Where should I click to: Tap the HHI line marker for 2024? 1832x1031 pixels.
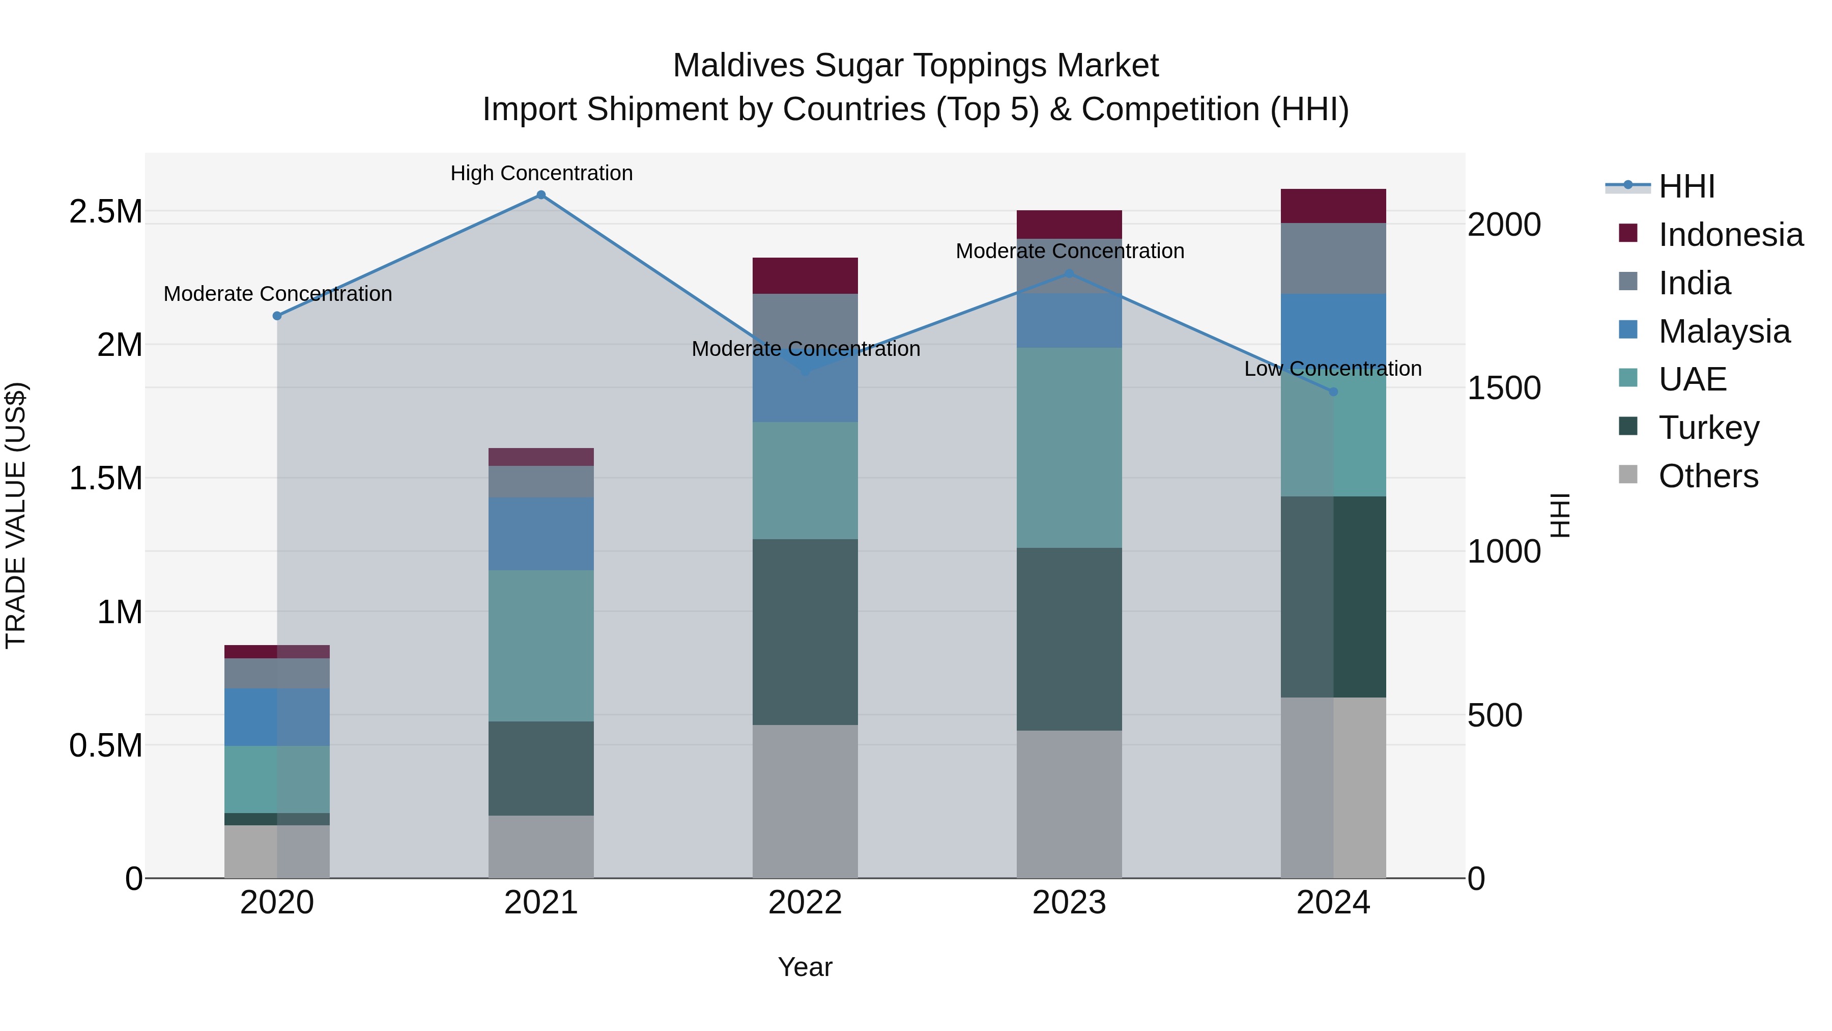coord(1333,392)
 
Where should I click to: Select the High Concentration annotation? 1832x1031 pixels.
coord(541,174)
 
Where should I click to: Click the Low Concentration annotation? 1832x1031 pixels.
coord(1333,369)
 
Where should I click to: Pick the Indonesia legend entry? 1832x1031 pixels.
coord(1730,235)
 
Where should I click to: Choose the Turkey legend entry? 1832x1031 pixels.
coord(1708,428)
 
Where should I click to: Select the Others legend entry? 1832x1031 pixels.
coord(1708,476)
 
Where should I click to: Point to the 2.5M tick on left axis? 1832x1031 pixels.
coord(105,212)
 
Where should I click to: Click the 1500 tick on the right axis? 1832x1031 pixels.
coord(1503,388)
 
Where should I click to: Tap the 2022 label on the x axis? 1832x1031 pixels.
coord(805,903)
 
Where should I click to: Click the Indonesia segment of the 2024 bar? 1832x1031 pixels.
coord(1333,206)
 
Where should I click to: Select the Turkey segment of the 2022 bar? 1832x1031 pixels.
coord(805,632)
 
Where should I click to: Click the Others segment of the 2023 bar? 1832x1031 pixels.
coord(1069,804)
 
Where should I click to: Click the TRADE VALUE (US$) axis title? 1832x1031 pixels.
coord(16,515)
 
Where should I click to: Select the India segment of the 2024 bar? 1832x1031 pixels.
coord(1333,258)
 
